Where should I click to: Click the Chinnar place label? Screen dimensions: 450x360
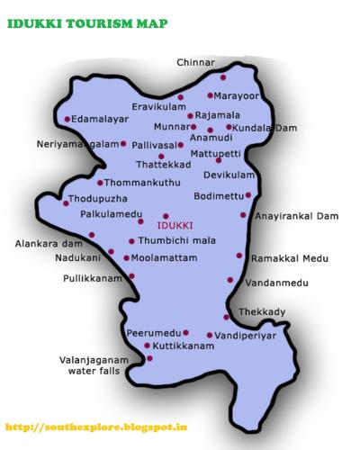(x=195, y=62)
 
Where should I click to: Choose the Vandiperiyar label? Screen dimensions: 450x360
(x=245, y=335)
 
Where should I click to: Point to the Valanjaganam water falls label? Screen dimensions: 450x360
(x=102, y=364)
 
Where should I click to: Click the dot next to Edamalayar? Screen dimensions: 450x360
(x=67, y=119)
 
